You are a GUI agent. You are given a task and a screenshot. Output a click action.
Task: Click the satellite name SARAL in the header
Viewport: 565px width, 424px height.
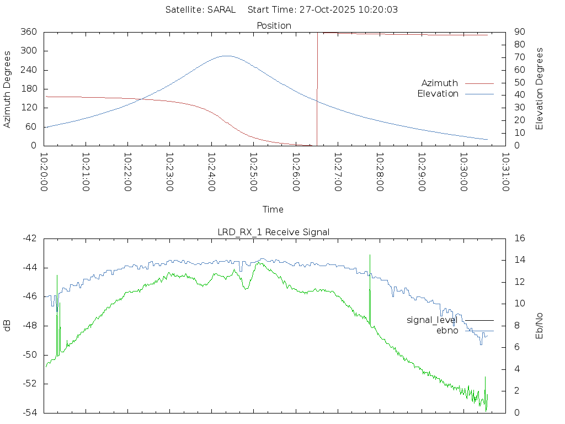(221, 9)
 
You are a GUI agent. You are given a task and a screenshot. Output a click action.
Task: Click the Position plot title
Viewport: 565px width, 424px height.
(274, 25)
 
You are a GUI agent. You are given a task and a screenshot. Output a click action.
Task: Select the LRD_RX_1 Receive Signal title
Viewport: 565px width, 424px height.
(274, 232)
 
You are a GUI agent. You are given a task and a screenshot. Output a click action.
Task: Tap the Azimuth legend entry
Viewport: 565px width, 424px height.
(440, 83)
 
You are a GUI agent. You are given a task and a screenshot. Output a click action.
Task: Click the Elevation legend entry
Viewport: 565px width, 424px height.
(438, 93)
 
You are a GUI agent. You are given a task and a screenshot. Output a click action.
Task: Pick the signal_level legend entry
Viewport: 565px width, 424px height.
(432, 320)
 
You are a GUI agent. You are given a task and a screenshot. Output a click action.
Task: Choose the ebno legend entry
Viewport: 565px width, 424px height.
(447, 330)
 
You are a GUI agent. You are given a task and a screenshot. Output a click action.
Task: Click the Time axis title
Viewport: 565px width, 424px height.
(273, 209)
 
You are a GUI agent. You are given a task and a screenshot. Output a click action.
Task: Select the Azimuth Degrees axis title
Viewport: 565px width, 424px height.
(7, 89)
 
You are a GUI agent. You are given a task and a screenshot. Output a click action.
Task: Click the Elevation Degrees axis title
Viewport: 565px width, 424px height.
(540, 88)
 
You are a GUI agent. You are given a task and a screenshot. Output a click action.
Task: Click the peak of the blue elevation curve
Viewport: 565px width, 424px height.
(226, 56)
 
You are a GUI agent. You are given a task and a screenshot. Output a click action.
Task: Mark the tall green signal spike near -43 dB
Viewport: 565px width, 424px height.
(370, 256)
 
